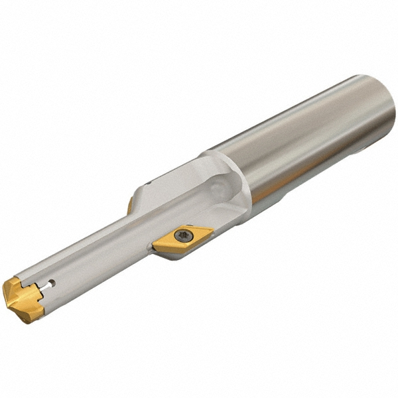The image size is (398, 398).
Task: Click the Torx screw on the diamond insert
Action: tap(184, 235)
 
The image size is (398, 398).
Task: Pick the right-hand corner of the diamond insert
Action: tap(212, 230)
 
